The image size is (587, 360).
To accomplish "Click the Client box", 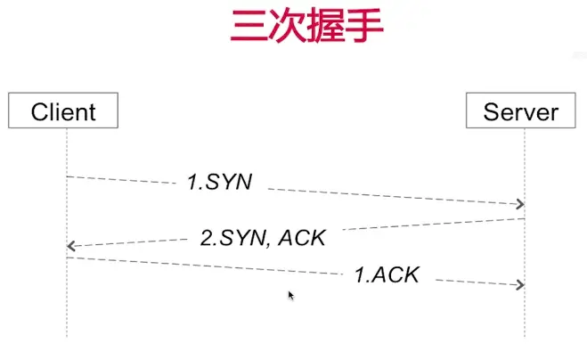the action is point(63,111).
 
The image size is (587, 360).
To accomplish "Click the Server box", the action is point(521,111).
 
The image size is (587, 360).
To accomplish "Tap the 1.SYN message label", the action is point(220,182).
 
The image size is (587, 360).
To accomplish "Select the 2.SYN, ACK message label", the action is point(263,238).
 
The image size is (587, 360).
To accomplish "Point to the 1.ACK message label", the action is point(387,274).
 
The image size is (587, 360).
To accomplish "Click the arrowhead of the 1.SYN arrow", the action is point(521,204).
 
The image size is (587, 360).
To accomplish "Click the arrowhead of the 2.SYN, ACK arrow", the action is point(70,245).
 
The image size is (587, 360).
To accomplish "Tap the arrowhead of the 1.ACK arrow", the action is point(521,284).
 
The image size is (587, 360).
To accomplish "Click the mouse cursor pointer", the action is point(290,295).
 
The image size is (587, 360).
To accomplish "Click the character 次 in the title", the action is point(287,28).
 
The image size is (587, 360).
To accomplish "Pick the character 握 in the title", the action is point(325,28).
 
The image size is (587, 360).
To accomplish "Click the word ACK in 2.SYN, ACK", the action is point(303,238).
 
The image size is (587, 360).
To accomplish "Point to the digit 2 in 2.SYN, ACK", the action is point(206,239).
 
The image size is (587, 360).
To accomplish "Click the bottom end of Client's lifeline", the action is point(67,336).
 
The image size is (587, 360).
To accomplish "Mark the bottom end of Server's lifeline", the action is point(525,336).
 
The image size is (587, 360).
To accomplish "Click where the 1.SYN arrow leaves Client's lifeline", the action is point(67,176).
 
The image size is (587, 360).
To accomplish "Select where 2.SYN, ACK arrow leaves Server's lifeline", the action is point(525,218).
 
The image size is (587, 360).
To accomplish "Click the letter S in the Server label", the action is point(490,112).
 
